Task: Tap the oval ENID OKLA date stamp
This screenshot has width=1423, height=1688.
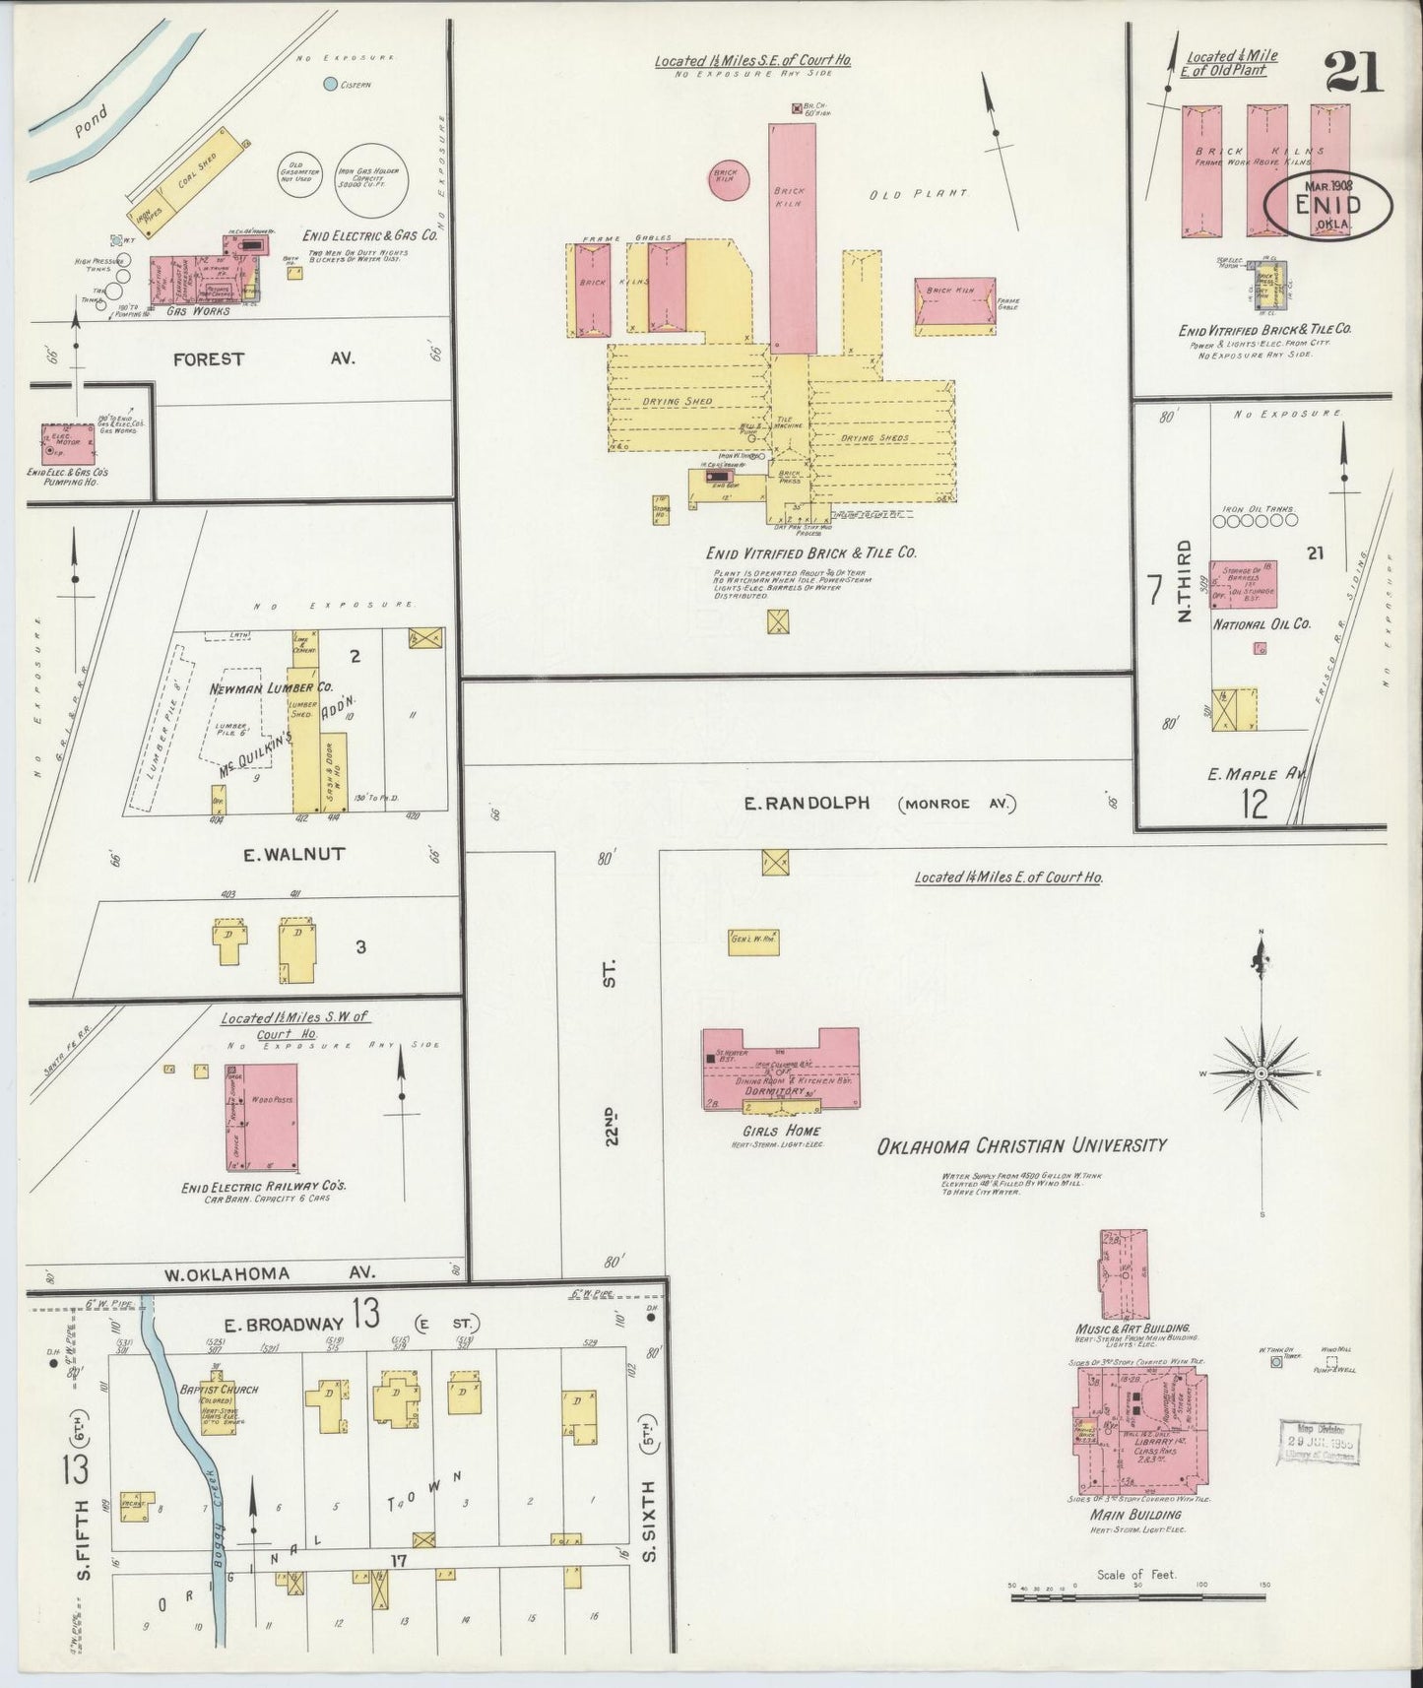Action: coord(1329,206)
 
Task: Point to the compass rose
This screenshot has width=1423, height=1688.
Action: coord(1261,1072)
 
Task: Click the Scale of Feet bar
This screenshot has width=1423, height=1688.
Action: coord(1138,1594)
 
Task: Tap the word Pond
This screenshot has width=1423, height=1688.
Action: coord(93,121)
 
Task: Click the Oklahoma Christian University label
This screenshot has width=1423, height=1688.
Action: coord(1021,1145)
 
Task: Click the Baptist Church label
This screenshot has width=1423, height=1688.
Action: coord(218,1389)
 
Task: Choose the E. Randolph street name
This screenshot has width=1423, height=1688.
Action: coord(807,804)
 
